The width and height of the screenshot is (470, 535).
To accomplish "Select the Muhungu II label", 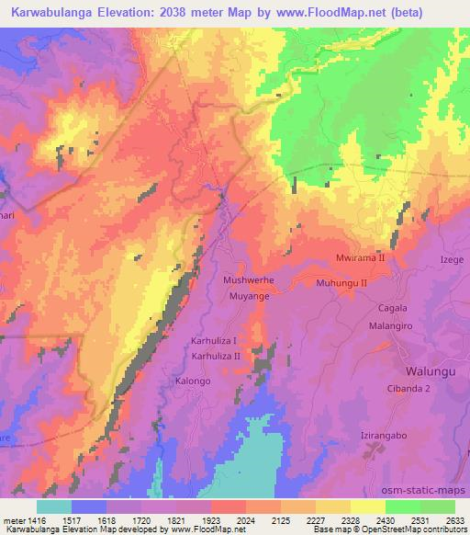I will coord(341,283).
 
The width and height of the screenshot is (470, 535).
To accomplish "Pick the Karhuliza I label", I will coord(214,340).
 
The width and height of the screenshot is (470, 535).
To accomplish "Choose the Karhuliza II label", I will coord(216,355).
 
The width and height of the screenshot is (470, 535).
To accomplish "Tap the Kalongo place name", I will coord(193,381).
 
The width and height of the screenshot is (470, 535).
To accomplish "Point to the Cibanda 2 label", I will coord(411,390).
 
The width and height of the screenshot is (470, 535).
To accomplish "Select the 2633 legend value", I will coord(456,519).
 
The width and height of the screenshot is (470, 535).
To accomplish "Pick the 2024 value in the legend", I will coord(245,519).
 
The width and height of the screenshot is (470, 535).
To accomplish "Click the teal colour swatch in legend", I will coord(53,507).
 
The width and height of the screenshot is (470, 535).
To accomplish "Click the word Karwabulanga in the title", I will coord(50,12).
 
